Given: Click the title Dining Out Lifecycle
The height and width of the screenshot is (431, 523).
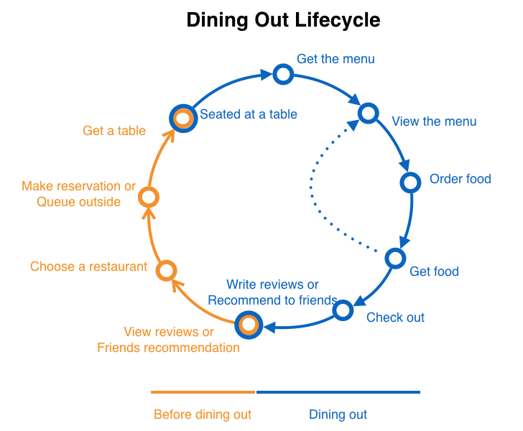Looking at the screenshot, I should click(283, 20).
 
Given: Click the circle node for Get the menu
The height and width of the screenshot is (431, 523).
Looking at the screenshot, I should click(283, 74).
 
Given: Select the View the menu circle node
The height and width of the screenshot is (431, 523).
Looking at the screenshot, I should click(368, 113).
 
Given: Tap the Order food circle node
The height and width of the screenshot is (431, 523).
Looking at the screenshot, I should click(410, 182).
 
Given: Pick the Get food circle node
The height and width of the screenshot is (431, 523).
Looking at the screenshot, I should click(395, 258).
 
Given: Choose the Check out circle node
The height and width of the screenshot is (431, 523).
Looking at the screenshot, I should click(343, 310).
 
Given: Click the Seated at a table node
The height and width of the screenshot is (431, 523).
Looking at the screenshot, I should click(182, 118).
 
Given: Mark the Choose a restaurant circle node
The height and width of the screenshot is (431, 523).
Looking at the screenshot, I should click(166, 270).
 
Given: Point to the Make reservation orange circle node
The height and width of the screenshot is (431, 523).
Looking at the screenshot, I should click(148, 197).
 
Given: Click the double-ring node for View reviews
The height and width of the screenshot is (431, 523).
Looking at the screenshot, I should click(249, 325).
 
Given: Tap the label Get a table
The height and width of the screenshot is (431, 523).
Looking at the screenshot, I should click(114, 131).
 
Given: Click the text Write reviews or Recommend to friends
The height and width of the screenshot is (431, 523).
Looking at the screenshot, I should click(272, 293).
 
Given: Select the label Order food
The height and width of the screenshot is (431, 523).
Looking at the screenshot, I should click(460, 179).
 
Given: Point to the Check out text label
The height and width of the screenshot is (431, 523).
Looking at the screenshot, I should click(395, 318).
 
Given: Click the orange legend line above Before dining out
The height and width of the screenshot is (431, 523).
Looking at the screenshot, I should click(203, 392).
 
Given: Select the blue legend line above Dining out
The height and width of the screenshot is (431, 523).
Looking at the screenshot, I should click(338, 392).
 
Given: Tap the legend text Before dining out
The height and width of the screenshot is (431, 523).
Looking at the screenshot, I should click(203, 414).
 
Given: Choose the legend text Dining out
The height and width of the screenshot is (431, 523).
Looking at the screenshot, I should click(338, 414).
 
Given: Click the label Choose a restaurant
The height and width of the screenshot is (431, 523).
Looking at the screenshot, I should click(88, 267).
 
